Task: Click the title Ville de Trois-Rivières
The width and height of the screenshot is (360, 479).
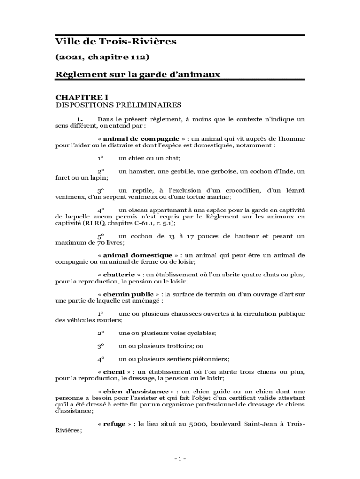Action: tap(115, 42)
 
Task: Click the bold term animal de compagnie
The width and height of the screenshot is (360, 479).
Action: tap(141, 139)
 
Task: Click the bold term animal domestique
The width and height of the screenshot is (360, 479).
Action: tap(137, 255)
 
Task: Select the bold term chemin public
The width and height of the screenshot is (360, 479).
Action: tap(128, 294)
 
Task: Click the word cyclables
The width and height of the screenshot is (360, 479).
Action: tap(202, 333)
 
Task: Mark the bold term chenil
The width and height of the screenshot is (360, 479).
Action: tap(114, 372)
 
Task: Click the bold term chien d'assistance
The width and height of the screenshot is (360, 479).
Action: tap(136, 391)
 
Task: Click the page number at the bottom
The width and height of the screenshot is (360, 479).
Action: tap(180, 459)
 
